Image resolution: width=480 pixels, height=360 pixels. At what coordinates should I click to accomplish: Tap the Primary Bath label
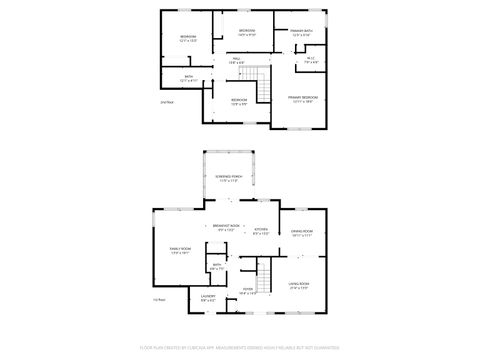[x=301, y=31]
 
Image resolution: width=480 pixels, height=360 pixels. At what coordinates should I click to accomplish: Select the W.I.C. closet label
[x=311, y=59]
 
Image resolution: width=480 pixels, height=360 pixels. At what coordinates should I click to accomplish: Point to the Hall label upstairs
[x=238, y=59]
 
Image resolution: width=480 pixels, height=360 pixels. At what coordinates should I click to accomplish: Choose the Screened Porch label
[x=228, y=177]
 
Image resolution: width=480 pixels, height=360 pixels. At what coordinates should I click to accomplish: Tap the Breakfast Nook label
[x=227, y=227]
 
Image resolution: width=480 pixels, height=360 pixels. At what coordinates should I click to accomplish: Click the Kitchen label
[x=260, y=228]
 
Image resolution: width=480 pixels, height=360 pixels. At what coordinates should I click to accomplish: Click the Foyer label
[x=248, y=290]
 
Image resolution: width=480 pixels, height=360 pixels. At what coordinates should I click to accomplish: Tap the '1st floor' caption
[x=158, y=300]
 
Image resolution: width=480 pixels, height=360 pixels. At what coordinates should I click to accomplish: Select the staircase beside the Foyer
[x=265, y=270]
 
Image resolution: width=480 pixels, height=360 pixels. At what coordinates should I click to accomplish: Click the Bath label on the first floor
[x=216, y=265]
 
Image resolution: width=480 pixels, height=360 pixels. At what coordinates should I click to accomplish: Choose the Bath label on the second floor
[x=188, y=76]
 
